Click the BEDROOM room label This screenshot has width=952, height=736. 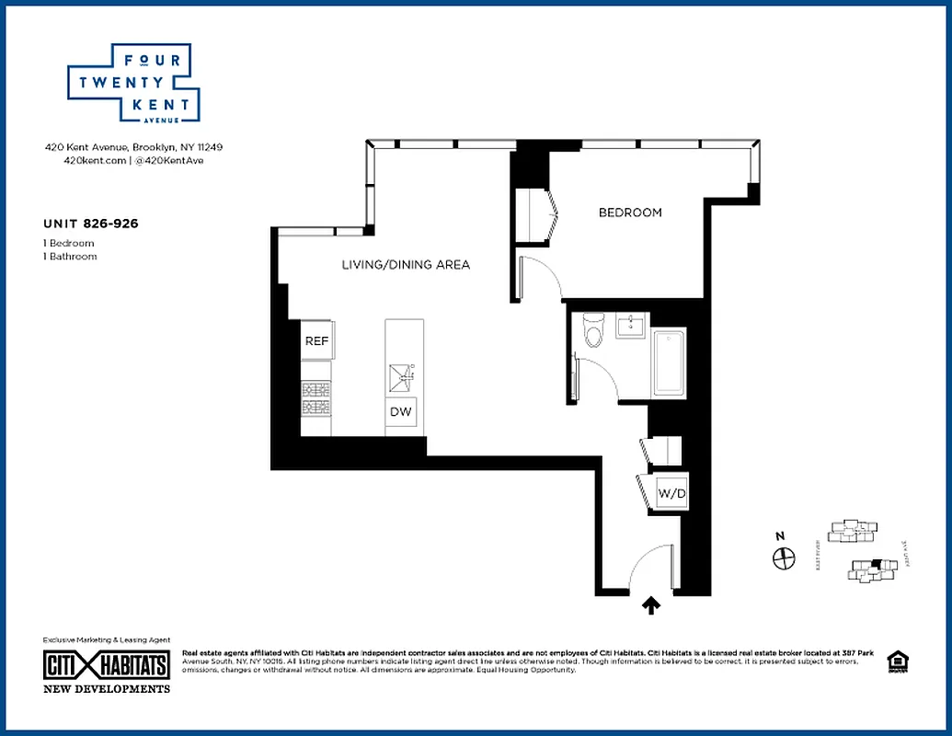tap(630, 213)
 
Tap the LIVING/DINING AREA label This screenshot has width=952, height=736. tap(406, 265)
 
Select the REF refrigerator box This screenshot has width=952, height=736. tap(316, 341)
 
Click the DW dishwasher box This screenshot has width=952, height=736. tap(401, 412)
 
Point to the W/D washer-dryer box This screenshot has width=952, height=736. tap(671, 494)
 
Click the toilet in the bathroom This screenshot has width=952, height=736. tap(593, 330)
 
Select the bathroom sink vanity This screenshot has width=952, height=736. tap(632, 326)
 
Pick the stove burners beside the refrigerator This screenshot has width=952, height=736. tap(315, 398)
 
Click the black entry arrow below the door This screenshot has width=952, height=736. tap(651, 604)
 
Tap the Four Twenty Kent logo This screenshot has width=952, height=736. tap(132, 83)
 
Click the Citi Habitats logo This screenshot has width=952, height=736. tap(107, 665)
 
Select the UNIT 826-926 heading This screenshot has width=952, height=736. tap(91, 223)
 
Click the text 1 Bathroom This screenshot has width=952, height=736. tap(70, 257)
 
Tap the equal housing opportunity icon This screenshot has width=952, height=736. tap(896, 661)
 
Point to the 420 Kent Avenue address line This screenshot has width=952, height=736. tap(134, 146)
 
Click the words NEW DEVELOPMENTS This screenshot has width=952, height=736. tap(107, 689)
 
